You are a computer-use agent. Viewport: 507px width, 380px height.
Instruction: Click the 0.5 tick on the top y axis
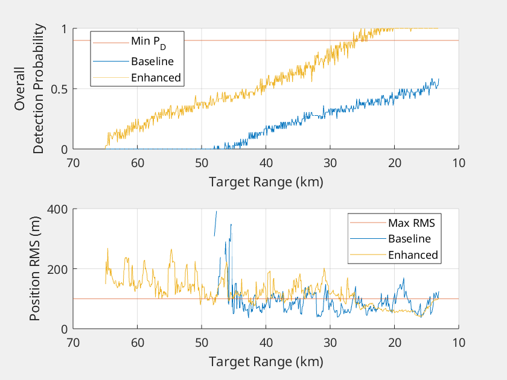pos(60,89)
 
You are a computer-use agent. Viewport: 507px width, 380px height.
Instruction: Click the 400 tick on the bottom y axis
pos(57,209)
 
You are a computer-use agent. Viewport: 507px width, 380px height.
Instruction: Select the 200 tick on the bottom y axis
pos(57,269)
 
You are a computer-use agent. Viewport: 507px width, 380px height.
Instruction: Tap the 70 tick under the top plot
pos(73,163)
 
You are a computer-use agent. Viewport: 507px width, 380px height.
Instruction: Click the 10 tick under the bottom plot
pos(458,343)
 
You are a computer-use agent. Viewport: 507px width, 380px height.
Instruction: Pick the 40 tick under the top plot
pos(266,163)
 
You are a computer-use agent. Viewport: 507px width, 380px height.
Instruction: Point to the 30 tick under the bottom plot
pos(330,343)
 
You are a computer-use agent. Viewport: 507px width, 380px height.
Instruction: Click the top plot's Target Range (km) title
pos(266,182)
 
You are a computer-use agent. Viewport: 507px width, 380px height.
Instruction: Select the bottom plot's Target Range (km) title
pos(266,362)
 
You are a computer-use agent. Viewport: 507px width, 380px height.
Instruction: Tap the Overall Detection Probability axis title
pos(30,89)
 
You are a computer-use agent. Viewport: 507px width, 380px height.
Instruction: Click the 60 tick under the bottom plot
pos(137,343)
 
